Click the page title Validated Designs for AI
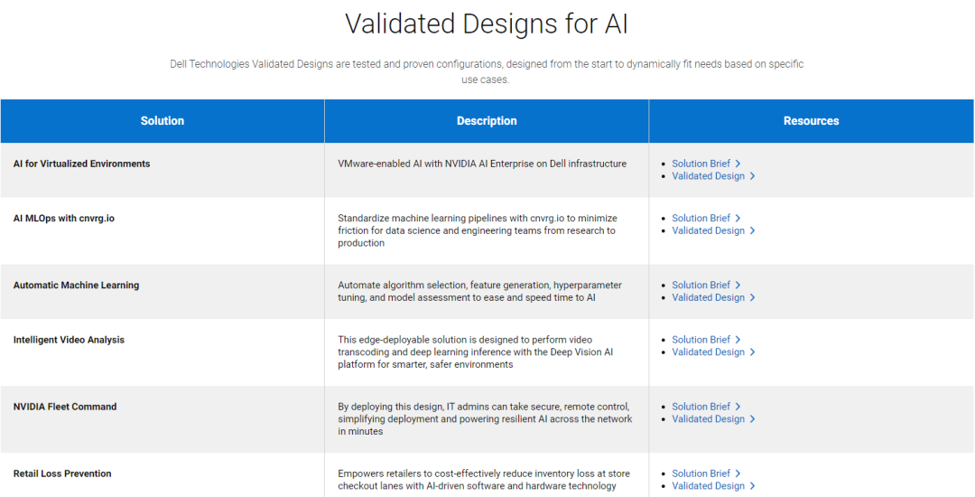[487, 23]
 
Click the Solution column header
[162, 121]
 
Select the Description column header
[487, 121]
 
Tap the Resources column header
[811, 121]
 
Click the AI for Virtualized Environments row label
[81, 164]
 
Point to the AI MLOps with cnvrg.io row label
[63, 219]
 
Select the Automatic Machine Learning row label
[76, 285]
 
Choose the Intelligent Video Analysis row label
[69, 340]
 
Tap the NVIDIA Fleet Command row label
[65, 406]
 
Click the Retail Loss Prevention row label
[62, 474]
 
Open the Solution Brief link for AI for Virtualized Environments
[706, 164]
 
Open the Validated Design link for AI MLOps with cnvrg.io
[713, 230]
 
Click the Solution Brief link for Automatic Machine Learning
[706, 285]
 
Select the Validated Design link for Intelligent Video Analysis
[713, 352]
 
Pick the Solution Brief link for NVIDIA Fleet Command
[706, 406]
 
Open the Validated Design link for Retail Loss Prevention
[713, 486]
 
